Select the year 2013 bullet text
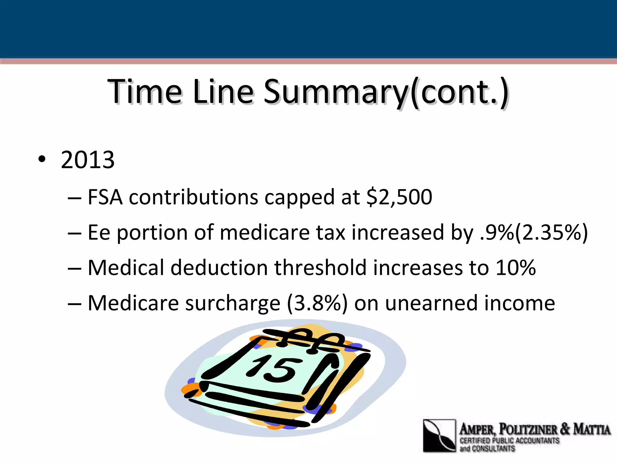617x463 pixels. coord(88,160)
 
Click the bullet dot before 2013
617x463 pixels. coord(42,159)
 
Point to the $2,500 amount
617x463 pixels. coord(399,197)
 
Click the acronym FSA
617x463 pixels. coord(105,197)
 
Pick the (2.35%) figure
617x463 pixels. coord(551,233)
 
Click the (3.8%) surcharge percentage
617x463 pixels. coord(317,303)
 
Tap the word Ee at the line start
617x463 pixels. coord(99,233)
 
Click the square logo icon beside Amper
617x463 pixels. coord(439,436)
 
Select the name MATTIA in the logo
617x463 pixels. coord(592,429)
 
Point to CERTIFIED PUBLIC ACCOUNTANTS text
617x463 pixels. coord(509,441)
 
